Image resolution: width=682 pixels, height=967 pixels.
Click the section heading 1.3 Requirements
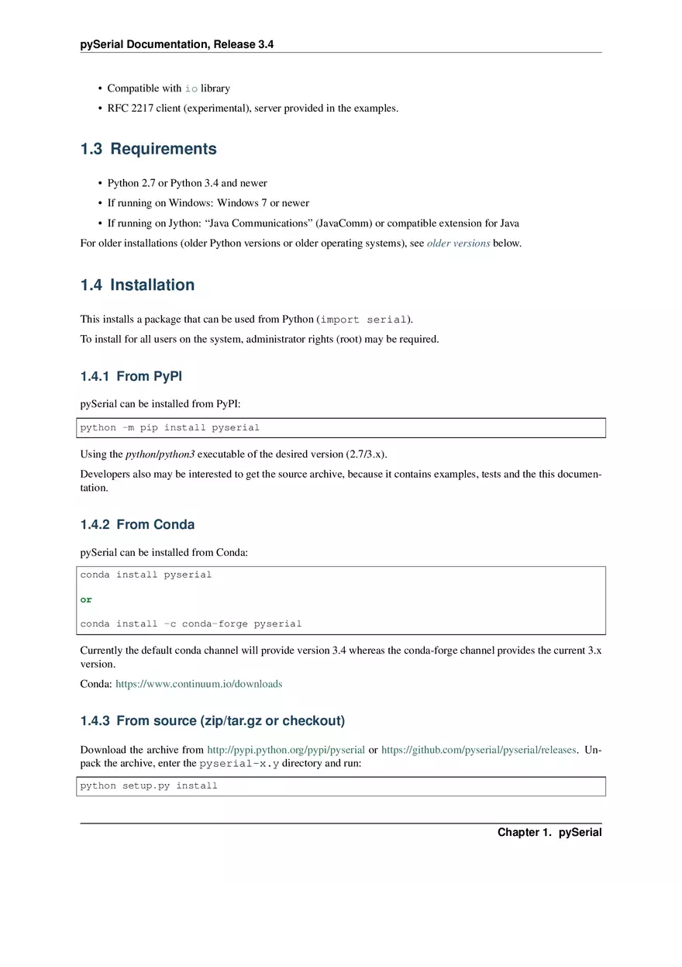[149, 149]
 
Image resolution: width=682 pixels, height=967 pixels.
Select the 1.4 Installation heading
[137, 285]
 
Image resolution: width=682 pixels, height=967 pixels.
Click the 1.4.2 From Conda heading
[137, 525]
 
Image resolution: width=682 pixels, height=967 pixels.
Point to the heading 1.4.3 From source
[212, 721]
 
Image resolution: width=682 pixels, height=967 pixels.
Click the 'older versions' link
[458, 243]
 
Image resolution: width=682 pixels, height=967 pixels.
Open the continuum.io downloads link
[198, 684]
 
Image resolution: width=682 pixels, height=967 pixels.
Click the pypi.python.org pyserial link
[286, 750]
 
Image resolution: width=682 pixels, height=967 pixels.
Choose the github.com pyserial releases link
[478, 750]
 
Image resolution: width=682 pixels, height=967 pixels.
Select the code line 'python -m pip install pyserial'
[170, 428]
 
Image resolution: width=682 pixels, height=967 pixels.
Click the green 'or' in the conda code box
[86, 599]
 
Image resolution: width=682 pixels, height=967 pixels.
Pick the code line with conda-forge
[191, 623]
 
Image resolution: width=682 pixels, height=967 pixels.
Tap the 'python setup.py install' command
[149, 786]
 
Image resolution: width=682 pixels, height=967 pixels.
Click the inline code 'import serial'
[363, 319]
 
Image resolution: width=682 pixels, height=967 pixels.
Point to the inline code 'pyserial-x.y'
[239, 764]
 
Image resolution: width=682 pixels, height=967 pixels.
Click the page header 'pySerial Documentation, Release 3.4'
[177, 45]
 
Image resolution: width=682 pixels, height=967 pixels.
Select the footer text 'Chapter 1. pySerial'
[549, 832]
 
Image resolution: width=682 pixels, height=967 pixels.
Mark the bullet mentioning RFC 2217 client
[253, 109]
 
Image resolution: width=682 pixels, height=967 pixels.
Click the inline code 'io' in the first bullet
[191, 88]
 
